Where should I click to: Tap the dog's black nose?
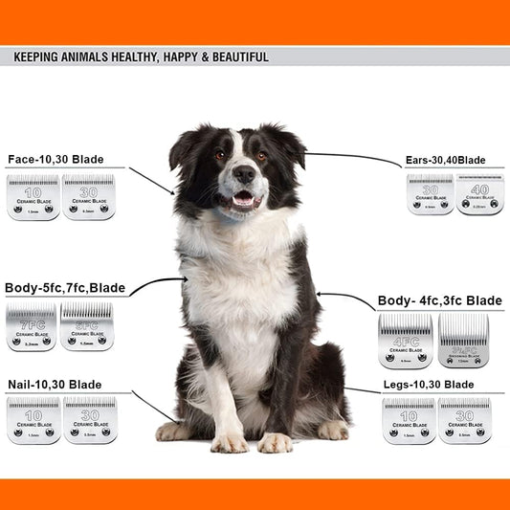point(245,174)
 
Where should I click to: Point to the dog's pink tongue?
point(244,200)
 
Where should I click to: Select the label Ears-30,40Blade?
point(450,160)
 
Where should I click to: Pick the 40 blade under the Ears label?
point(479,194)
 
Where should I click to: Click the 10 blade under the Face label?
point(33,196)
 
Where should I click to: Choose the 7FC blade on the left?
point(31,326)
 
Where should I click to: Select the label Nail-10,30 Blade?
point(55,384)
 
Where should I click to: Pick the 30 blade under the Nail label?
point(90,419)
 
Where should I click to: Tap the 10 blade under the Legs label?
point(409,420)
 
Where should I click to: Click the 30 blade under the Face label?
point(88,196)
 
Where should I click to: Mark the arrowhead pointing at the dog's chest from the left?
point(184,280)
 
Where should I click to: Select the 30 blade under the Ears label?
point(430,194)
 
